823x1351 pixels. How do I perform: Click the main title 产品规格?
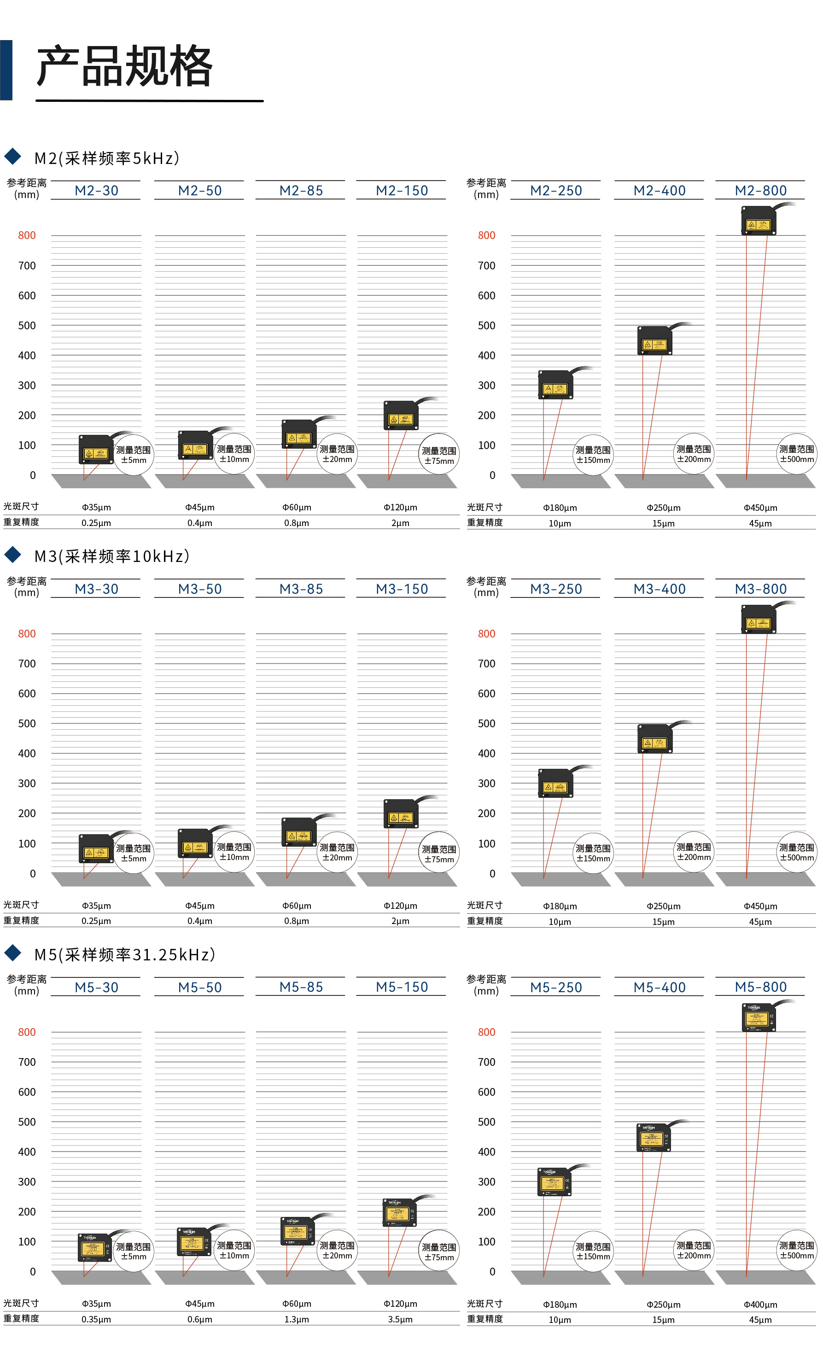pos(124,66)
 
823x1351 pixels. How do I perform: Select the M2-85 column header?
pos(301,191)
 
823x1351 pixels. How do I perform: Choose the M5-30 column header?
pos(97,988)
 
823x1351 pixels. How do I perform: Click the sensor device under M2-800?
pos(759,221)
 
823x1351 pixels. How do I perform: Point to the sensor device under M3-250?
pos(555,783)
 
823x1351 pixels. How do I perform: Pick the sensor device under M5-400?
pos(654,1137)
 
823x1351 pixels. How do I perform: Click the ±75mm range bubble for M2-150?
pos(438,455)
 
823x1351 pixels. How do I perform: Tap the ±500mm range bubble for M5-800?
pos(797,1251)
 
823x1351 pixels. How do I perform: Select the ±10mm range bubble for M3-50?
pos(234,852)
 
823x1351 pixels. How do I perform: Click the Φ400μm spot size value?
pos(760,1304)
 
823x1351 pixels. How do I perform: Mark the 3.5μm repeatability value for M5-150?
pos(400,1319)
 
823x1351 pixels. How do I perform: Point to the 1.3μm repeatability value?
pos(297,1319)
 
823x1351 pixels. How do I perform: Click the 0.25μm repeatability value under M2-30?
pos(97,523)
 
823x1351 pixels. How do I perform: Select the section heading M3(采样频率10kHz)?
pos(112,556)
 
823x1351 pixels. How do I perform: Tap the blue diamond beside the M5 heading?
pos(12,953)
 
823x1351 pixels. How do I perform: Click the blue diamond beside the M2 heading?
pos(12,157)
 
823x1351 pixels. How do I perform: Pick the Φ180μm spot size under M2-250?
pos(560,508)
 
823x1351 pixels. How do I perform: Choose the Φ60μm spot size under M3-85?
pos(297,906)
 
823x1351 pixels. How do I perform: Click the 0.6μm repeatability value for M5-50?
pos(199,1319)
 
